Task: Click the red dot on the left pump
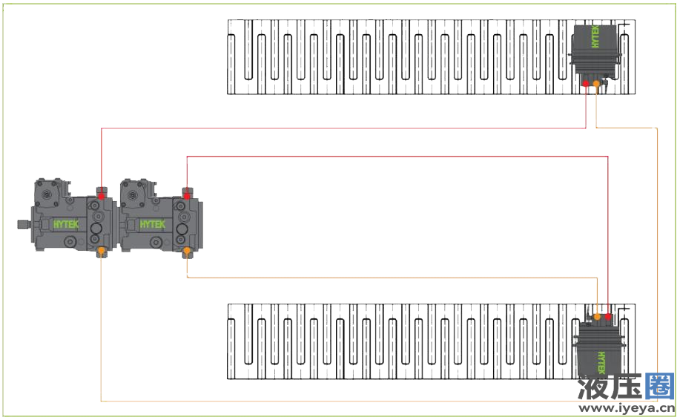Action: pyautogui.click(x=101, y=196)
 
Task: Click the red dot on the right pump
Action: pyautogui.click(x=187, y=196)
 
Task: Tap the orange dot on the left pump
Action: pyautogui.click(x=101, y=251)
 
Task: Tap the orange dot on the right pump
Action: pyautogui.click(x=187, y=252)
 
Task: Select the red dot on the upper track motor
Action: pyautogui.click(x=586, y=85)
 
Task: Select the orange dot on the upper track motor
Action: pyautogui.click(x=597, y=85)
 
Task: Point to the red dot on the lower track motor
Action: pyautogui.click(x=608, y=317)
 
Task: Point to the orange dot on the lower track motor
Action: pyautogui.click(x=597, y=317)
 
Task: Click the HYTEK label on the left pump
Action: pyautogui.click(x=67, y=223)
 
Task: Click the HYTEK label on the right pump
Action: pyautogui.click(x=153, y=223)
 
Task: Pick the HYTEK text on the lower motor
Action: pyautogui.click(x=601, y=361)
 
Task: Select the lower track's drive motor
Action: pyautogui.click(x=601, y=349)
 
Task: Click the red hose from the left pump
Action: pyautogui.click(x=341, y=128)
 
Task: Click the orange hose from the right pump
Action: pyautogui.click(x=393, y=278)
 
